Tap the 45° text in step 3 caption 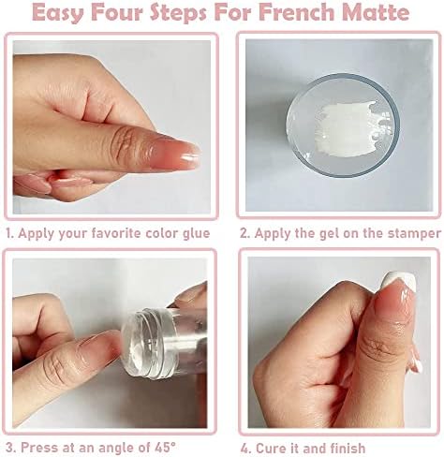(165, 448)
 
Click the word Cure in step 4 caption (270, 449)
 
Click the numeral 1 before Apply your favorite (8, 233)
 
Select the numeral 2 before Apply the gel (244, 234)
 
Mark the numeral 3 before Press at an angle (10, 448)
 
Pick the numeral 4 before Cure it (245, 449)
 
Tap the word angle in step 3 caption (116, 449)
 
